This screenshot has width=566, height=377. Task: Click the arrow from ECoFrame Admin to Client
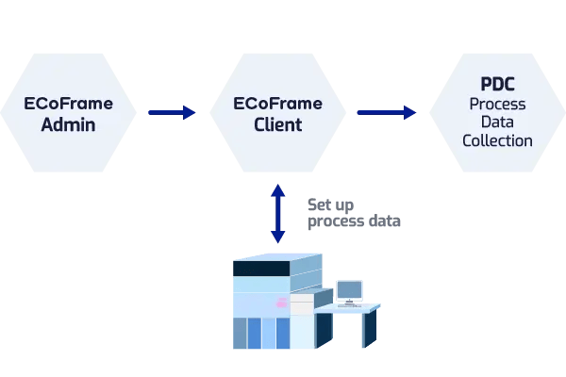[x=172, y=113]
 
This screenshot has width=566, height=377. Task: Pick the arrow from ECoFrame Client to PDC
[x=386, y=113]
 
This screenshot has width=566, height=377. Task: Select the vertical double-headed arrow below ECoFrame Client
[x=277, y=214]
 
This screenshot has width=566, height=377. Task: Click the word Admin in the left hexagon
[x=68, y=123]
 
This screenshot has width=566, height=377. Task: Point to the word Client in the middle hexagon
[x=277, y=123]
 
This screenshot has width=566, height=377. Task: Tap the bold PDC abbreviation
[x=497, y=85]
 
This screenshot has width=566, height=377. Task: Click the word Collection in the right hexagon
[x=497, y=141]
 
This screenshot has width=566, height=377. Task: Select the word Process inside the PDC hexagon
[x=497, y=104]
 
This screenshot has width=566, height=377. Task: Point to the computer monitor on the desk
[x=349, y=289]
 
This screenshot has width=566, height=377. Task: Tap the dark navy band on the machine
[x=261, y=269]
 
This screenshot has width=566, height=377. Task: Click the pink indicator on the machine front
[x=280, y=303]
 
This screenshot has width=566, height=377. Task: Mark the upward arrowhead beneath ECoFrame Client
[x=277, y=190]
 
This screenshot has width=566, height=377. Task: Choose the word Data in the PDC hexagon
[x=497, y=123]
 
